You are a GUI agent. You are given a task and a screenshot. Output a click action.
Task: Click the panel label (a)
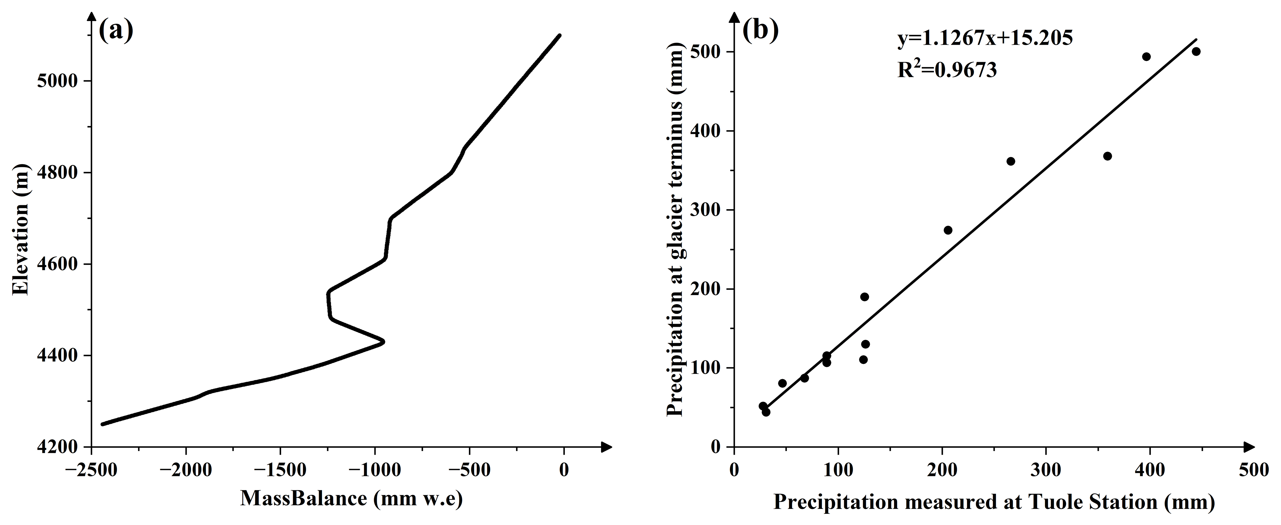116,31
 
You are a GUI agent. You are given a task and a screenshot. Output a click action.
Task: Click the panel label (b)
760,31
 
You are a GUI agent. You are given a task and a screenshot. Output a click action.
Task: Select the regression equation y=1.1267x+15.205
985,38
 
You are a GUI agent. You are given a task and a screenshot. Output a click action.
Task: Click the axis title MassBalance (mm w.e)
352,499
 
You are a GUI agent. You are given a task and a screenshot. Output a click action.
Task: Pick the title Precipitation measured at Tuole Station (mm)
993,502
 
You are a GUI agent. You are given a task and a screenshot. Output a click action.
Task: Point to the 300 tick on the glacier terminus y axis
706,210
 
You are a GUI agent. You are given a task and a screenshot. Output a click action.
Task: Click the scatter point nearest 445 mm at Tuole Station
1196,52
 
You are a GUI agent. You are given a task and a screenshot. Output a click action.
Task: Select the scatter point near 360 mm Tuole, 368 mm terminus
1107,156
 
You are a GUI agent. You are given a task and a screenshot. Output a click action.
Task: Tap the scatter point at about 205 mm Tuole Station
948,230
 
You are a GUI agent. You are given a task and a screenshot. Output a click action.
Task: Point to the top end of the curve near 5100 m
559,35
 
